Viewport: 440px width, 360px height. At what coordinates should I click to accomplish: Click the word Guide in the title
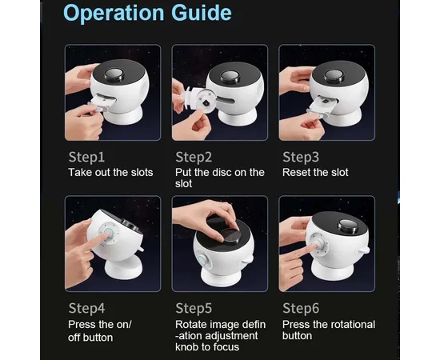point(201,13)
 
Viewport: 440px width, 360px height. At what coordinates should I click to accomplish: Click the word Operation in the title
point(114,14)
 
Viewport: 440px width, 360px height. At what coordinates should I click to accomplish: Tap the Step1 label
point(86,157)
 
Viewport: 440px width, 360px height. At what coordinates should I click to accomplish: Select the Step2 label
point(194,157)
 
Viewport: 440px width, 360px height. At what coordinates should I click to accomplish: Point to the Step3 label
point(301,157)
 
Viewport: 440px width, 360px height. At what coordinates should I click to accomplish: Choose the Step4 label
point(86,308)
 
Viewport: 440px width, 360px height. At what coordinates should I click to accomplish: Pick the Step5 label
point(194,308)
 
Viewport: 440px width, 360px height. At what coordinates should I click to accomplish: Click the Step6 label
point(301,308)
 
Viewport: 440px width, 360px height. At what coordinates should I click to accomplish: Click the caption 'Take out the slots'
point(110,172)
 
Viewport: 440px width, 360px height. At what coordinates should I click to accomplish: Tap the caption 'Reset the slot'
point(315,172)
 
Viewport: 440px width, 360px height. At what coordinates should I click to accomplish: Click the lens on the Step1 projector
point(114,74)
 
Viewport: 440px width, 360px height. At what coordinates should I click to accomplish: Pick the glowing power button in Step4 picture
point(107,233)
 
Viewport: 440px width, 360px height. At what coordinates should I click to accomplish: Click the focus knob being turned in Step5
point(229,235)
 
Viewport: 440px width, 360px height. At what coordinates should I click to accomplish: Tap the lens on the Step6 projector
point(349,226)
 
